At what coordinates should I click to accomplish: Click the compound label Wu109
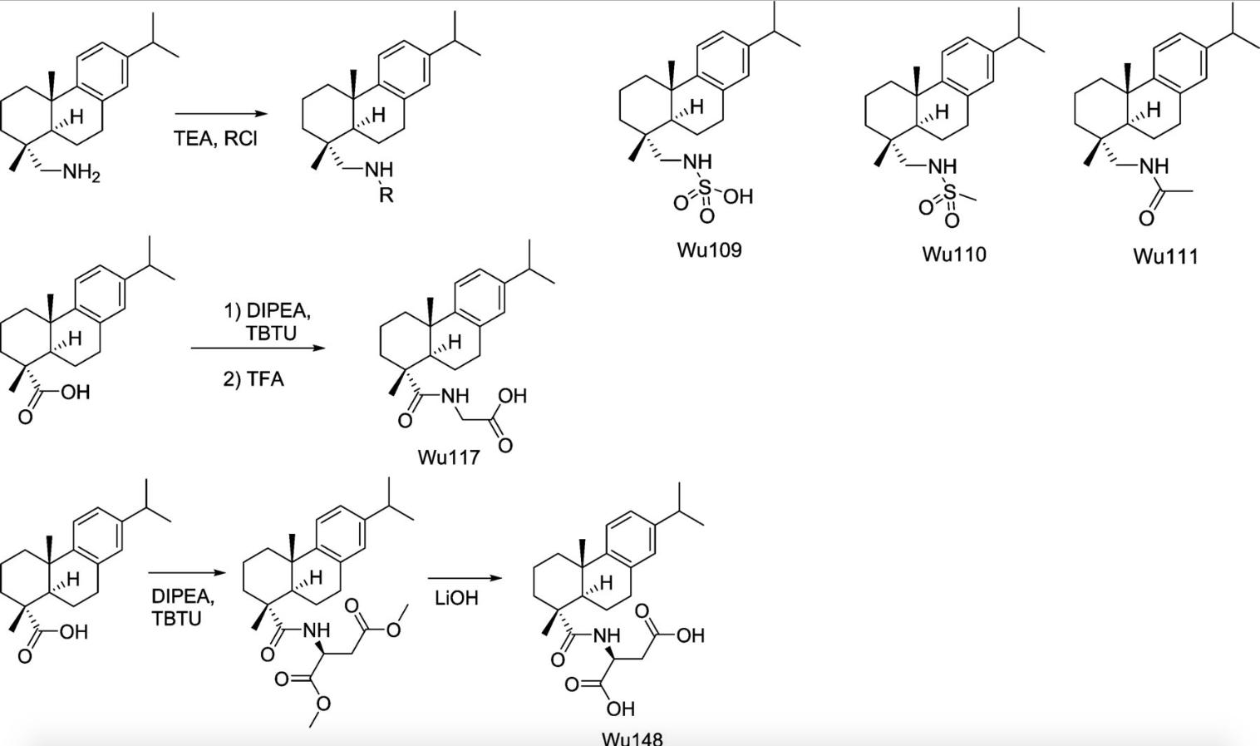[x=708, y=249]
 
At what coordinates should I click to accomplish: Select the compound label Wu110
[x=953, y=254]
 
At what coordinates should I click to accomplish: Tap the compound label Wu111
[x=1165, y=256]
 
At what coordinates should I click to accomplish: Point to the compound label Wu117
[x=449, y=457]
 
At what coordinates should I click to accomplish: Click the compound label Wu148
[x=632, y=737]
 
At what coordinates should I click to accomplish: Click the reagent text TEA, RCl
[x=215, y=138]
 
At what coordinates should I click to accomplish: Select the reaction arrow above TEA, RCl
[x=221, y=114]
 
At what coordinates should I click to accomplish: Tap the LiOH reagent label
[x=456, y=598]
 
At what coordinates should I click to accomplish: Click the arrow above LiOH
[x=465, y=578]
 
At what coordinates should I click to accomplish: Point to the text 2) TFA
[x=253, y=379]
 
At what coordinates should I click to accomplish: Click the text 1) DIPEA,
[x=267, y=311]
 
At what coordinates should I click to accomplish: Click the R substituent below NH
[x=386, y=197]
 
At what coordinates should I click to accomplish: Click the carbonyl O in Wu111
[x=1146, y=219]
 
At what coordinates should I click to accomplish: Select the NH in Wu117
[x=455, y=396]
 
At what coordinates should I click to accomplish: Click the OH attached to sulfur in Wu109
[x=738, y=196]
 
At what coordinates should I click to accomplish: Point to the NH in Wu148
[x=607, y=635]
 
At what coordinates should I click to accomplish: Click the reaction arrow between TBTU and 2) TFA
[x=258, y=348]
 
